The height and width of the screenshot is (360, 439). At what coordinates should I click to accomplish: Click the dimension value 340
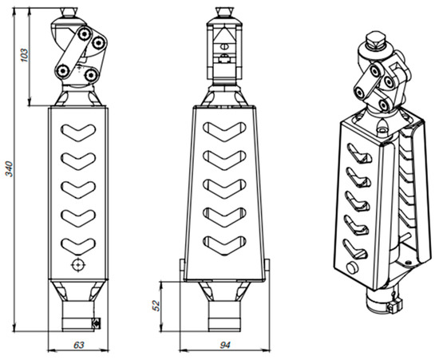[10, 168]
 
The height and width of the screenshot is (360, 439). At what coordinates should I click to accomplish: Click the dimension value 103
[25, 55]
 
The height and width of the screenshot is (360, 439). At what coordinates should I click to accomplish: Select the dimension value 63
[79, 345]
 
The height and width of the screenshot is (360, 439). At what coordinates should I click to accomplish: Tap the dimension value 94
[225, 345]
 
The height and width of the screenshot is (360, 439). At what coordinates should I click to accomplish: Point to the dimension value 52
[156, 306]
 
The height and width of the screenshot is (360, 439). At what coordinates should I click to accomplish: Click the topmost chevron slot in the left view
[78, 133]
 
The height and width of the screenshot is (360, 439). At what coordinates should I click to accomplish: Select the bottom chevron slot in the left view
[78, 247]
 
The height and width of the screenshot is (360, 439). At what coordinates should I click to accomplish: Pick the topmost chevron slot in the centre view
[224, 132]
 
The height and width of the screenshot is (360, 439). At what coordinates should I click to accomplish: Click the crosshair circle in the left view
[78, 264]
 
